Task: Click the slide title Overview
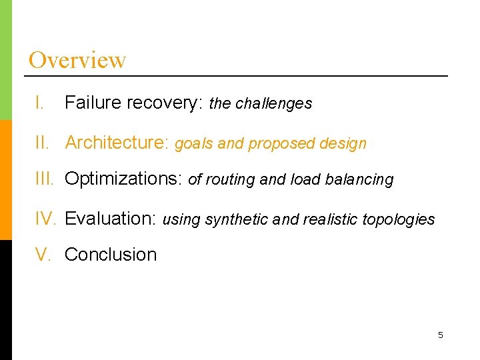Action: [x=77, y=60]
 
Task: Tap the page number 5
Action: [x=440, y=335]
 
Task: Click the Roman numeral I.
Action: [x=40, y=103]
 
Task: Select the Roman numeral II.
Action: [x=43, y=143]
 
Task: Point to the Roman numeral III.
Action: [x=46, y=179]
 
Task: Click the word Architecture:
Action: [x=117, y=143]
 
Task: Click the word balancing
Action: [x=363, y=180]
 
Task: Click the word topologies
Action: [x=399, y=219]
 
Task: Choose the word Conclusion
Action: [x=111, y=254]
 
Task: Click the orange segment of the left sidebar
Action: [x=5, y=180]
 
